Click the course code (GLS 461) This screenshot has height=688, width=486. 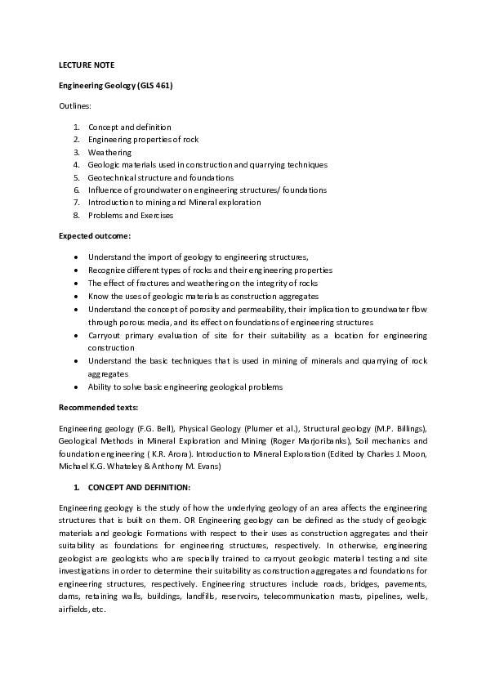click(x=154, y=85)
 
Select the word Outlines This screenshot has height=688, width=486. click(x=75, y=106)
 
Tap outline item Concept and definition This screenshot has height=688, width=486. click(x=130, y=127)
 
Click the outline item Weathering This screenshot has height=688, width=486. click(x=109, y=152)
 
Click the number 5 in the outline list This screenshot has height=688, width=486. click(x=75, y=177)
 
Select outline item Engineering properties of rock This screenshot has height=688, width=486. click(x=143, y=140)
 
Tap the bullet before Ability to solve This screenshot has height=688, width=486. click(x=76, y=386)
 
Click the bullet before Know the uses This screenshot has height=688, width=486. click(x=76, y=296)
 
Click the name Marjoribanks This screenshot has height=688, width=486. click(x=314, y=440)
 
